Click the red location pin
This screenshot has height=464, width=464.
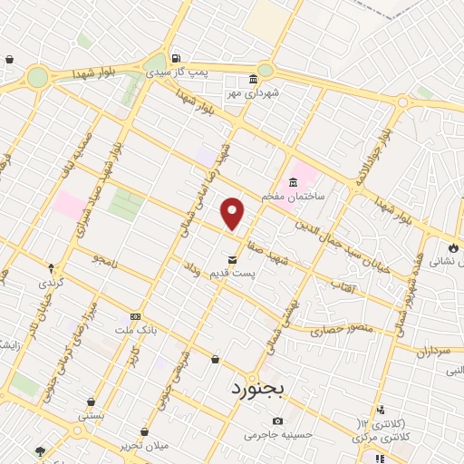[x=233, y=213]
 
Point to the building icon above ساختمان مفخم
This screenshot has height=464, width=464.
[x=293, y=182]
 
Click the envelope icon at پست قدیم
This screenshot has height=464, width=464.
[x=233, y=260]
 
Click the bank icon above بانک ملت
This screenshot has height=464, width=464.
[x=135, y=316]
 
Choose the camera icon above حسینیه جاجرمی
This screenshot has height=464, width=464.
[x=277, y=420]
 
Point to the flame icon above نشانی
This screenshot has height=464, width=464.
[x=453, y=246]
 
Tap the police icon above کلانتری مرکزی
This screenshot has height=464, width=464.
[x=381, y=410]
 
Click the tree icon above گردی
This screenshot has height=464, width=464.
[x=51, y=268]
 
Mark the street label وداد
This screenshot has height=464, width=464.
[x=191, y=269]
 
